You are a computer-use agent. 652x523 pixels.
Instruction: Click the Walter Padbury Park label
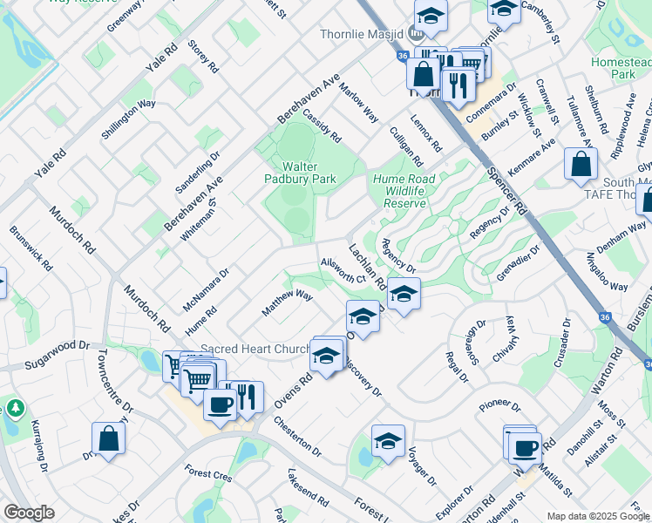tap(300, 172)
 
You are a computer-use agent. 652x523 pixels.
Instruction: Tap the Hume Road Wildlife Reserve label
tap(404, 191)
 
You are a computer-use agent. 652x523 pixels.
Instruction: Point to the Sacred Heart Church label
tap(255, 349)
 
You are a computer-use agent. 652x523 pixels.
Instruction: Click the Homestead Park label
tap(620, 68)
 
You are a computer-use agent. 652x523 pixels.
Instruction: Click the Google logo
tap(29, 513)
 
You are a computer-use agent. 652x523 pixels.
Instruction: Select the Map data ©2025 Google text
tap(596, 516)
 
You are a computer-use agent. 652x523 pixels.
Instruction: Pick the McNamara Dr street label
tap(206, 289)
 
